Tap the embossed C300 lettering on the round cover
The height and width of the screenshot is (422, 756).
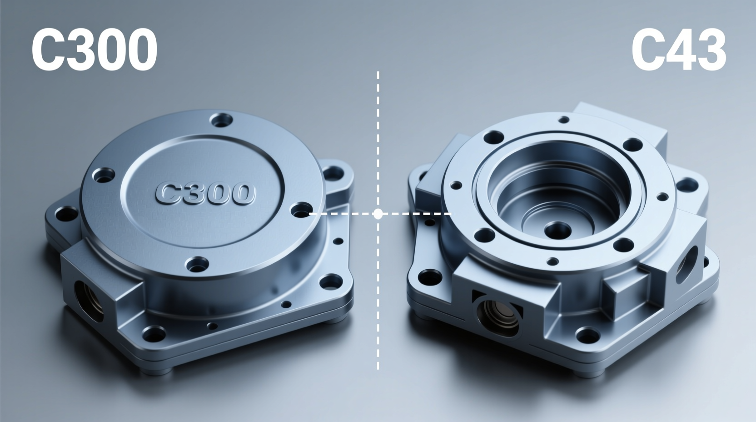(204, 193)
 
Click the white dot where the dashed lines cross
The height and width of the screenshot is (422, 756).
(378, 214)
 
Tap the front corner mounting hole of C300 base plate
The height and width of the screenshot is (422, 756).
(154, 336)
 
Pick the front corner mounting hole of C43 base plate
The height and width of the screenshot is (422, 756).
(587, 336)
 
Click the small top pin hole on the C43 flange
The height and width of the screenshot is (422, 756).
(563, 120)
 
